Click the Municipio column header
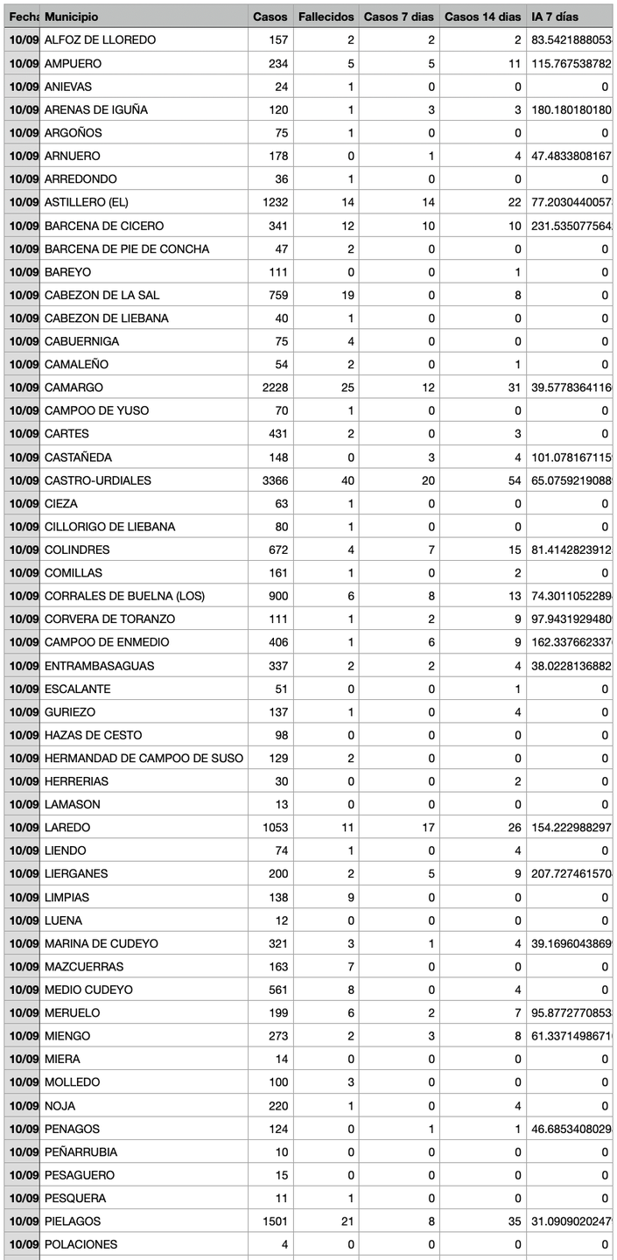(x=72, y=17)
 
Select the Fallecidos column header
(x=326, y=17)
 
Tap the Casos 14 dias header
(x=482, y=17)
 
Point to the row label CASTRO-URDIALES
(x=98, y=480)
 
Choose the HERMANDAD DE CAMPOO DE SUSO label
(x=144, y=758)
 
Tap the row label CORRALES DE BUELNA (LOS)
(x=124, y=596)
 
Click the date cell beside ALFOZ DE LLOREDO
(x=21, y=40)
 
